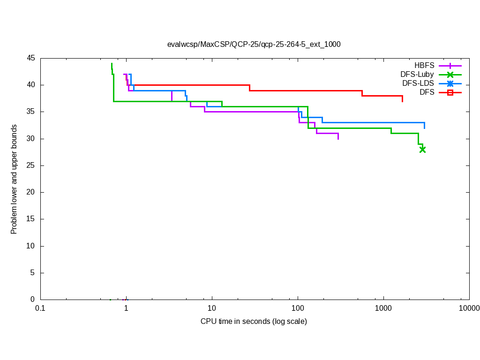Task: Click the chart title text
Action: (x=254, y=45)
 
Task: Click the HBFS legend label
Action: (x=424, y=66)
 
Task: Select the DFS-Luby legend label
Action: (x=417, y=75)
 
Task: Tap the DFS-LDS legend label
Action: (x=418, y=83)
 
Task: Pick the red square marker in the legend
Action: (x=450, y=92)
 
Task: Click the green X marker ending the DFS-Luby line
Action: (x=422, y=150)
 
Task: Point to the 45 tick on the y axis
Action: (x=31, y=58)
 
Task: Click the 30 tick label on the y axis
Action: (x=31, y=139)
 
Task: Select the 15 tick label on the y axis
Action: (x=31, y=219)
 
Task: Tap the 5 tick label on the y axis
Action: (x=33, y=273)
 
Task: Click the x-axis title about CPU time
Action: (x=254, y=322)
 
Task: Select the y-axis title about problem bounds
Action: (x=14, y=179)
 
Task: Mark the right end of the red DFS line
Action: (x=402, y=101)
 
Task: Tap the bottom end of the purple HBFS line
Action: (x=338, y=139)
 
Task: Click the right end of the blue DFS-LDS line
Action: (x=424, y=128)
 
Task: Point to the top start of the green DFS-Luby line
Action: (x=112, y=64)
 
